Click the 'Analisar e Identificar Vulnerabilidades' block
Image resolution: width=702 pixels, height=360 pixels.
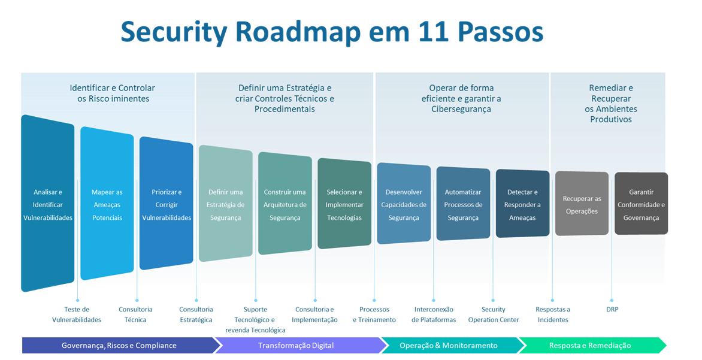coord(48,204)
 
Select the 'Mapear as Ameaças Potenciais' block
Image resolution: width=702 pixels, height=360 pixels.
coord(107,204)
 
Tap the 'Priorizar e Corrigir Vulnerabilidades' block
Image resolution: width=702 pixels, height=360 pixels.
coord(167,204)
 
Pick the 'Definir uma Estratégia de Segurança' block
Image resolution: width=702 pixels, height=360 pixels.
coord(226,204)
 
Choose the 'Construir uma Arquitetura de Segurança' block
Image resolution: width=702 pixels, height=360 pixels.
coord(285,204)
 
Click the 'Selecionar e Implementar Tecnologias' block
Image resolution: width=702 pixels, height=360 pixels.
coord(344,204)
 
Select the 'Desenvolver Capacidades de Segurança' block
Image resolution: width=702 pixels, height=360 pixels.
coord(404,204)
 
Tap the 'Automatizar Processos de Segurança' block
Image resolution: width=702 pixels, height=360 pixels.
coord(463,204)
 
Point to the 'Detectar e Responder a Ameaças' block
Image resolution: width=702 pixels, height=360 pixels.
coord(522,204)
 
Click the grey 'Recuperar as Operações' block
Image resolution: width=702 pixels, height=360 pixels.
coord(582,204)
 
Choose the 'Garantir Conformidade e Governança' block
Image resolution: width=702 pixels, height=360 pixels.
coord(641,204)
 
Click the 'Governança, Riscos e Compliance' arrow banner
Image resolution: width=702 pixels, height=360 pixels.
coord(119,345)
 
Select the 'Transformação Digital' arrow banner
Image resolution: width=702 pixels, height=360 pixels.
coord(296,345)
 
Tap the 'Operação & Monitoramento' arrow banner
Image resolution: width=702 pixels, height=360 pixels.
coord(448,345)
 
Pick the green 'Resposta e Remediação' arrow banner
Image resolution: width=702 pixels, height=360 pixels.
coord(590,345)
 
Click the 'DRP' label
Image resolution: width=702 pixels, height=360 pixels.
coord(612,310)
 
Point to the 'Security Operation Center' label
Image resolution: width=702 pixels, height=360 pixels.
coord(494,314)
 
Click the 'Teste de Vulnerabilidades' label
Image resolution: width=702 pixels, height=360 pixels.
coord(77,314)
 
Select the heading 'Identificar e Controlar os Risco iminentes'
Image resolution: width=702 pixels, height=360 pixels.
coord(113,93)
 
